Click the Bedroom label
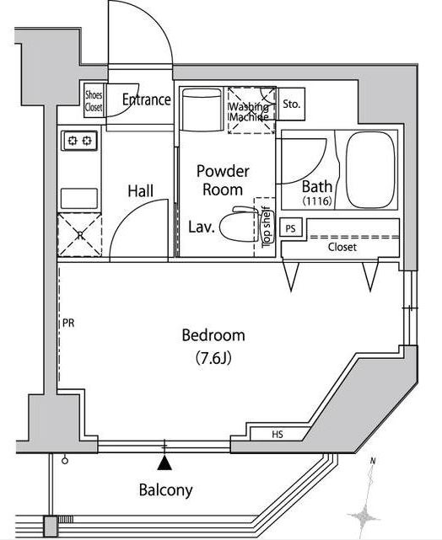[213, 335]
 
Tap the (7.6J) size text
[213, 358]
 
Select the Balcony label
[165, 489]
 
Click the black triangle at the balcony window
[164, 462]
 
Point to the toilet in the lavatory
[239, 224]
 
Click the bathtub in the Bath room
[370, 170]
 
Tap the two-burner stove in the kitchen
[79, 141]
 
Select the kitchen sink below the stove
[79, 198]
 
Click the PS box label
[291, 228]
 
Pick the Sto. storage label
[291, 104]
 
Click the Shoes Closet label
[94, 101]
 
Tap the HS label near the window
[278, 434]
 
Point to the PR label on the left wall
[68, 323]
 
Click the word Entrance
[147, 99]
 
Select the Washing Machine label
[249, 111]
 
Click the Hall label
[141, 191]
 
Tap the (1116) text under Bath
[317, 200]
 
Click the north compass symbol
[366, 496]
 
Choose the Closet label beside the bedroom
[342, 247]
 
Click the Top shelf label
[267, 227]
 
